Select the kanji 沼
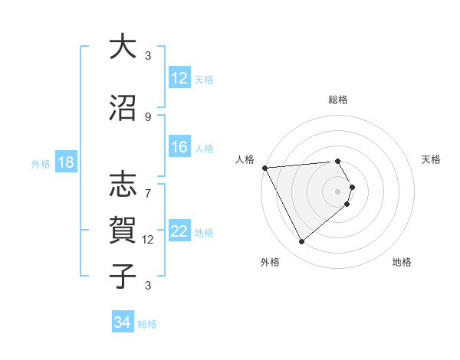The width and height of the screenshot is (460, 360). [123, 109]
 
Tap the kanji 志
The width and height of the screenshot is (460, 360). [123, 185]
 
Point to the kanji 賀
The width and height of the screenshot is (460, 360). [123, 231]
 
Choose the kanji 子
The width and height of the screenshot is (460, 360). [123, 276]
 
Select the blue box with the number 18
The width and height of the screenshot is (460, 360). [65, 162]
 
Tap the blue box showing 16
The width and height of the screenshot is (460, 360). [179, 147]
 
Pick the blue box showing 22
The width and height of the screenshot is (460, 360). [179, 231]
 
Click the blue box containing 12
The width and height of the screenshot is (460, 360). [179, 78]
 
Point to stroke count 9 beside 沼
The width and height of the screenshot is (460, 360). [148, 117]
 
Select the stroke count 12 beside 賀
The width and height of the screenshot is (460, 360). [148, 240]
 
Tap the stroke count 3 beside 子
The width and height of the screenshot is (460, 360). [148, 286]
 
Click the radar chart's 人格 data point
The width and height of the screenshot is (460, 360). [264, 168]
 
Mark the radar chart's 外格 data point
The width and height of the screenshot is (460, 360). [301, 242]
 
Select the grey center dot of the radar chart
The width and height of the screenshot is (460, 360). [337, 191]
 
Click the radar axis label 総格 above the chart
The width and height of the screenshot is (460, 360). [337, 100]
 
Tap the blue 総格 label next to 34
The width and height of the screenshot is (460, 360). [147, 324]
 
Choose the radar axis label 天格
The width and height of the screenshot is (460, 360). [432, 159]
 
